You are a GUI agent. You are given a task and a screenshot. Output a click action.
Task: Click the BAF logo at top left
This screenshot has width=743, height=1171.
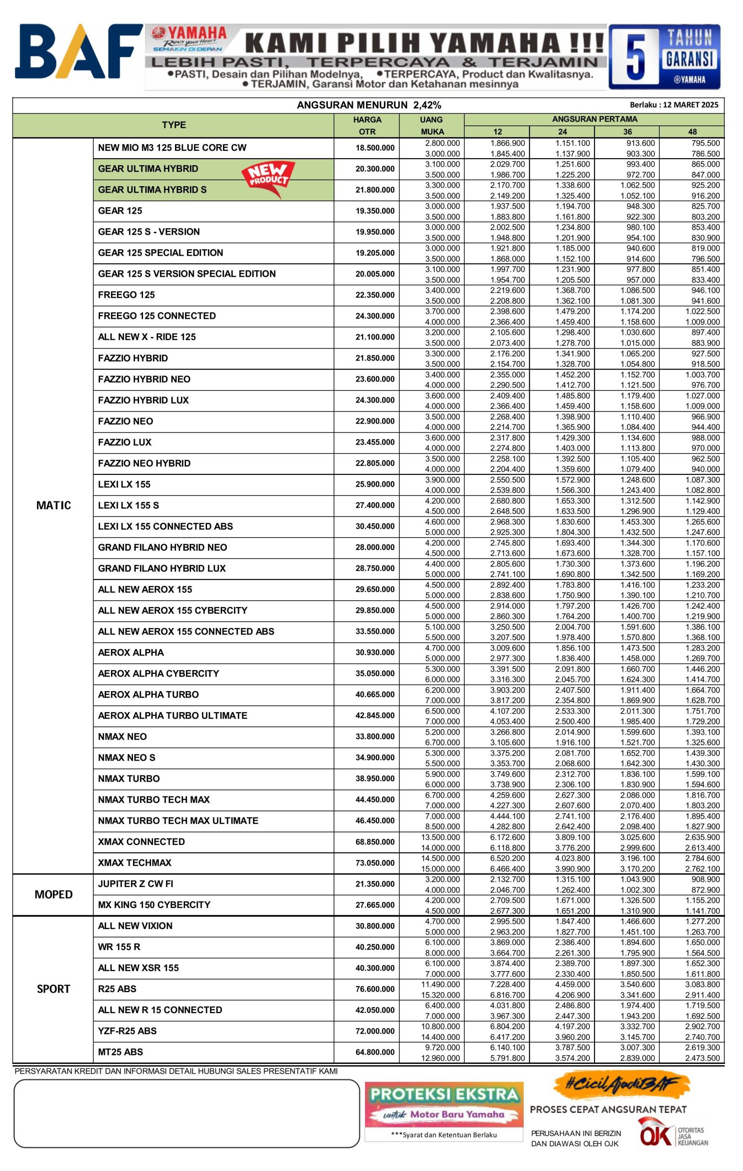(x=78, y=51)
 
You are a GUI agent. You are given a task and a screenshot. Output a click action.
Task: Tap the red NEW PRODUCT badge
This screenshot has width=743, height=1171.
(x=269, y=178)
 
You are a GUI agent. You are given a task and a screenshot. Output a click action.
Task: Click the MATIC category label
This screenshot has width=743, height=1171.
(x=53, y=505)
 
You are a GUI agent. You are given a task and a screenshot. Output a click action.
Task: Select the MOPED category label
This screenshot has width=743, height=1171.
(x=53, y=894)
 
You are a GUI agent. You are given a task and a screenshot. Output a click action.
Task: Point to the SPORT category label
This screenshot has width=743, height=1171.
(x=53, y=988)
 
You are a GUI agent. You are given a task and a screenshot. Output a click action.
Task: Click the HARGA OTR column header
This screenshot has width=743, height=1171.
(x=367, y=125)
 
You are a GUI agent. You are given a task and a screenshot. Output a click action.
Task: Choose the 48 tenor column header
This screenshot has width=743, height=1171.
(x=692, y=132)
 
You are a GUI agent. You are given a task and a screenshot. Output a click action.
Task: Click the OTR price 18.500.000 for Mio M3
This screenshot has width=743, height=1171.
(x=375, y=148)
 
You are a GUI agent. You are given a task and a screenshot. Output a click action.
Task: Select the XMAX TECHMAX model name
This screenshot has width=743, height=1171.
(x=135, y=863)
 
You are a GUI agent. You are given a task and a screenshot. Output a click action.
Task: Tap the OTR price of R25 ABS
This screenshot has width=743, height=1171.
(x=375, y=988)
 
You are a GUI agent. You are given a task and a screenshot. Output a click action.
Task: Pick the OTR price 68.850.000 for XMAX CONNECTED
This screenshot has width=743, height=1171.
(x=375, y=842)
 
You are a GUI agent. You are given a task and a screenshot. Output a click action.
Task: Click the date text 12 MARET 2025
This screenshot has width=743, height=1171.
(x=690, y=105)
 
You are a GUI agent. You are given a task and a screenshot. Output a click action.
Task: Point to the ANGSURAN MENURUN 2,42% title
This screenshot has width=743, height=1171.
(x=369, y=105)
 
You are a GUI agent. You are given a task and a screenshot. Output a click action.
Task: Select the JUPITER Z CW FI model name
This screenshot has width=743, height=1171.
(x=136, y=884)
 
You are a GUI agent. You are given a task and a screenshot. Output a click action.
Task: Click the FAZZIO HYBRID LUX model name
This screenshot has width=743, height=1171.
(x=143, y=400)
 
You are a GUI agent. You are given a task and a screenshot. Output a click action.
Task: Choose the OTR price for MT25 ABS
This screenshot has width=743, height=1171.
(x=375, y=1052)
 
